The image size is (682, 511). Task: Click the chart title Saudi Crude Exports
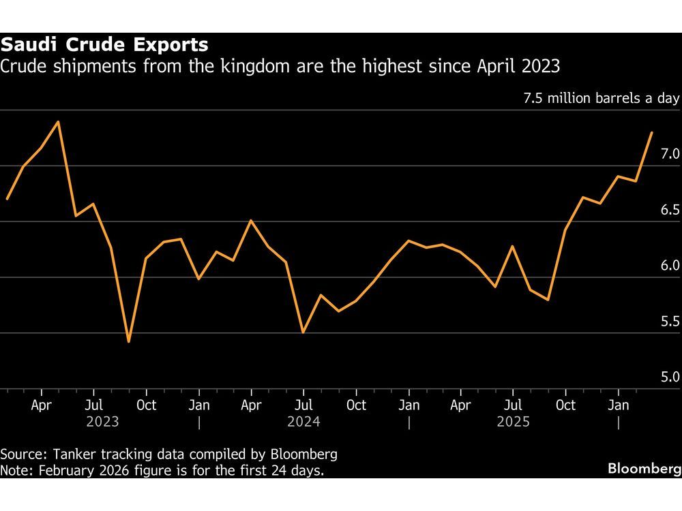[104, 46]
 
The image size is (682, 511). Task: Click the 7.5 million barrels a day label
[601, 98]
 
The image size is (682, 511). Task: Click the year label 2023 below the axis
[102, 422]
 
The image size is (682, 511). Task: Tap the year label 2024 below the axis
[304, 422]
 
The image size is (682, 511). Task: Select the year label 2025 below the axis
[513, 422]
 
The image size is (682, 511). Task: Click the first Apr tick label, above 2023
[42, 405]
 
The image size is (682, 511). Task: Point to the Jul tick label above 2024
[304, 405]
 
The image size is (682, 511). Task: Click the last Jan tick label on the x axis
[619, 405]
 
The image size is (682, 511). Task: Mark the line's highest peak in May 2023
[59, 121]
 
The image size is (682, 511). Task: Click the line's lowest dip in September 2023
[129, 341]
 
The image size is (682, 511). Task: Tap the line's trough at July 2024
[303, 332]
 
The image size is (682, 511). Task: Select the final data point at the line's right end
[653, 132]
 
